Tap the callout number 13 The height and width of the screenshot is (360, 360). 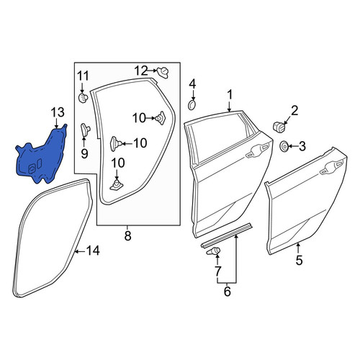click(x=58, y=112)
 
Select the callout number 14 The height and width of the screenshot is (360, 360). click(x=93, y=251)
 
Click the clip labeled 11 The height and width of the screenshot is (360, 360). click(x=83, y=98)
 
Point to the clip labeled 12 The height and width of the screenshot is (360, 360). click(x=163, y=73)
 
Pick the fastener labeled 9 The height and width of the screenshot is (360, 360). click(x=85, y=129)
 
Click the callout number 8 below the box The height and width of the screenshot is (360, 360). click(x=127, y=236)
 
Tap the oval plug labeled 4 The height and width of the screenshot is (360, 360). click(x=192, y=105)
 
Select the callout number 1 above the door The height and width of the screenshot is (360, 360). click(x=230, y=95)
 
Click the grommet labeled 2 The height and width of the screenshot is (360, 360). click(x=279, y=127)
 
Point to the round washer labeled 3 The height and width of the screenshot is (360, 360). click(x=284, y=146)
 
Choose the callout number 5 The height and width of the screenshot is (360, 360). click(x=299, y=261)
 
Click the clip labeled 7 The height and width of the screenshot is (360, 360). click(x=213, y=251)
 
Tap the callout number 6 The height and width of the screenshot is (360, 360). click(x=227, y=292)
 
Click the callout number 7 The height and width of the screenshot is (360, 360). click(x=217, y=271)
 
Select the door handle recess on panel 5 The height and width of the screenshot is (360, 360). click(x=331, y=168)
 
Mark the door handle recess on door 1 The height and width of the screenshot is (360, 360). click(x=257, y=150)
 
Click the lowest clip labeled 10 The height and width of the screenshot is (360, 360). click(x=117, y=185)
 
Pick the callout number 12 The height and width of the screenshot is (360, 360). click(x=141, y=71)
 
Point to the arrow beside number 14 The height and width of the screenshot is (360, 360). click(x=80, y=251)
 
